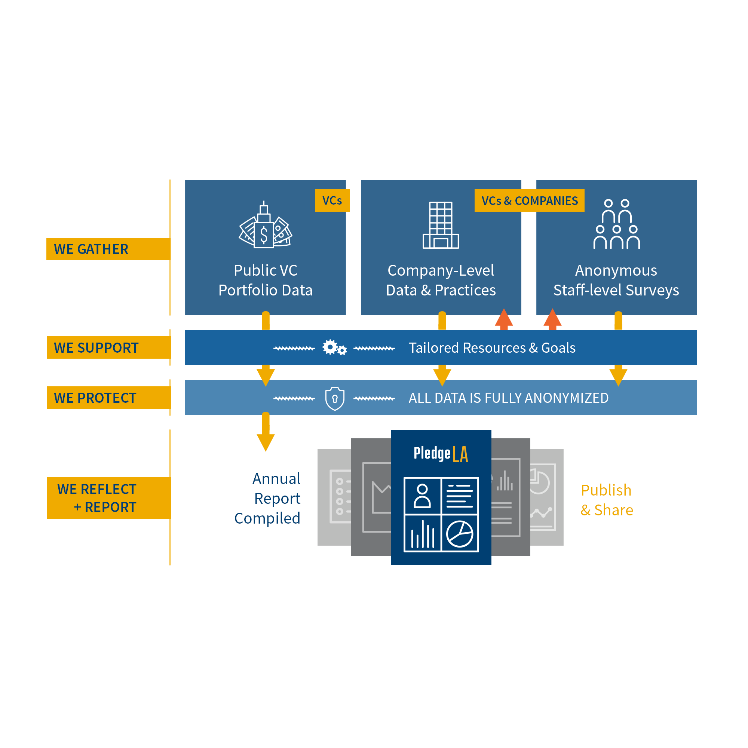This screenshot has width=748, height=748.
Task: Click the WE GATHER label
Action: (x=91, y=249)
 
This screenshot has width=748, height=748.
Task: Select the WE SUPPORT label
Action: (x=96, y=348)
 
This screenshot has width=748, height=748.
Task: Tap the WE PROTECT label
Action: (x=95, y=398)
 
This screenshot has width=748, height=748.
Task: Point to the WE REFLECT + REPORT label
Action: (x=97, y=498)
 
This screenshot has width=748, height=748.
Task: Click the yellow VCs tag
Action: (x=332, y=200)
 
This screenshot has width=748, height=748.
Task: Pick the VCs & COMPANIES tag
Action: (x=529, y=200)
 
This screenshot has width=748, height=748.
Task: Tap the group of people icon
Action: (x=616, y=224)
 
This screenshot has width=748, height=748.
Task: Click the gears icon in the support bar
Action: (x=334, y=348)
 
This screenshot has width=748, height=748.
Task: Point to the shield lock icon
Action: (x=334, y=398)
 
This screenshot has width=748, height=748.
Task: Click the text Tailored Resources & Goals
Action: (x=492, y=348)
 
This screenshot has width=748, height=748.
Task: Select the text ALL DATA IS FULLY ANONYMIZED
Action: (x=508, y=398)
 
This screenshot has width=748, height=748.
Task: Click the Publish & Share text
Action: (x=607, y=500)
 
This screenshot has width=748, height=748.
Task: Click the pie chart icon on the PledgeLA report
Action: (x=460, y=534)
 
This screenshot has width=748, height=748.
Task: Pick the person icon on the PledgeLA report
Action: (x=422, y=496)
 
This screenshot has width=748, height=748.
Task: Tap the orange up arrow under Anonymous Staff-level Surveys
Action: (x=552, y=319)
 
